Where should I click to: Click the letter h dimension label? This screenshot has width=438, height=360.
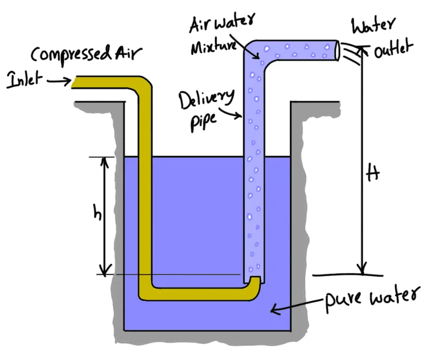98,213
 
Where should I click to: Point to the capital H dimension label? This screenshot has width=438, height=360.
373,176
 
